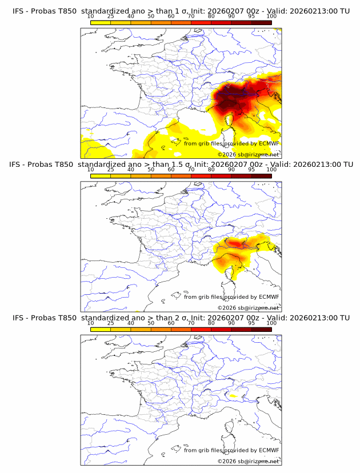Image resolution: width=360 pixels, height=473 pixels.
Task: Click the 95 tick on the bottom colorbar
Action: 251,323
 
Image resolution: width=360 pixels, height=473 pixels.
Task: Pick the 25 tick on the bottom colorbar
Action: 111,323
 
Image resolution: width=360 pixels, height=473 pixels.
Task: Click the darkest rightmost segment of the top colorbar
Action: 261,22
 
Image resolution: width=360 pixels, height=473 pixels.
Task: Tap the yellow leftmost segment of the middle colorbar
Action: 101,176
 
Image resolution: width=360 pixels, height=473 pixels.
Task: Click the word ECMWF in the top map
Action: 269,143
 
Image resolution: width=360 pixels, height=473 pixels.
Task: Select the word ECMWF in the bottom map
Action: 269,450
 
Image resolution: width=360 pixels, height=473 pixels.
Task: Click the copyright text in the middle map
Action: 248,308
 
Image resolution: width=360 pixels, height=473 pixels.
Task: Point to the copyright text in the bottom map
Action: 248,461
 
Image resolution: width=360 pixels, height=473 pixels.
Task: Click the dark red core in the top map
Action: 231,103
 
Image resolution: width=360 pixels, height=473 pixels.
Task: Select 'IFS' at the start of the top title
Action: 18,11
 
